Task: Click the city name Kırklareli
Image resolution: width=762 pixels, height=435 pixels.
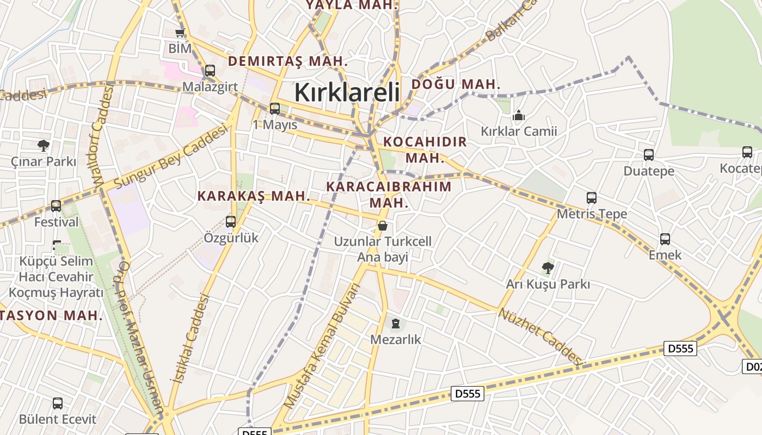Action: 347,92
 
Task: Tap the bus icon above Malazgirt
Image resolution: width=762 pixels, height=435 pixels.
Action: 210,71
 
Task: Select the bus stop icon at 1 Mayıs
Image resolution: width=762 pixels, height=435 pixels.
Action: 275,108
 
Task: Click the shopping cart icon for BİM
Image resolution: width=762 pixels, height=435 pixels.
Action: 180,33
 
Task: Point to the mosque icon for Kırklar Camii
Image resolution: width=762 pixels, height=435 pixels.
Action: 519,115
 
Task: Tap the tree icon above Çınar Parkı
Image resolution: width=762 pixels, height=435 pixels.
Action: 44,145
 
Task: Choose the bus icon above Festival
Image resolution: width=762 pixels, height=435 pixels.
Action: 56,206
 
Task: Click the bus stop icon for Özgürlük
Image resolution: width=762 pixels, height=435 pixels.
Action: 231,221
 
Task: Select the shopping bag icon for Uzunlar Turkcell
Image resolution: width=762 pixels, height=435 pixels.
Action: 383,225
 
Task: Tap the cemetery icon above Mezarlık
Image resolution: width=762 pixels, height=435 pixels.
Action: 396,324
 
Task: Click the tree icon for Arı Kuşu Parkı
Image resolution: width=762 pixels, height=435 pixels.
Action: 548,268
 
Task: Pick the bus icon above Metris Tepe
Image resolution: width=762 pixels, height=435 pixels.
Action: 592,198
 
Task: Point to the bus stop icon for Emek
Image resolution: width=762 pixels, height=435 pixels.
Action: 665,239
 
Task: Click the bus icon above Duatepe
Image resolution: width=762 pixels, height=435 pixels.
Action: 649,155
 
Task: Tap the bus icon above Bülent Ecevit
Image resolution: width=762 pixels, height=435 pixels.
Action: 58,403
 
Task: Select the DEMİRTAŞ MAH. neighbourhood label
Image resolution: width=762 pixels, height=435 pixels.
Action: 288,61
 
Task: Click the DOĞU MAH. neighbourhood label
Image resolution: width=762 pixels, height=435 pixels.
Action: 456,84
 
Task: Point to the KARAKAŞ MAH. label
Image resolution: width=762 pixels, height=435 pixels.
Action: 254,196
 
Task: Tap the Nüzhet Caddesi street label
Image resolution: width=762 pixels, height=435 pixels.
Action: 540,335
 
